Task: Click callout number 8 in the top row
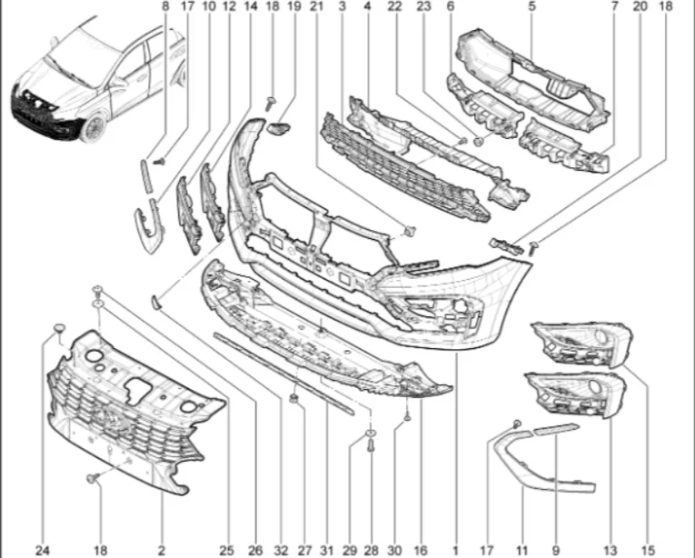[x=165, y=6]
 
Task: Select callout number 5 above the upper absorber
[x=531, y=6]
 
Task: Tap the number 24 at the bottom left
[x=43, y=550]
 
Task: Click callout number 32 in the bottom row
[x=283, y=550]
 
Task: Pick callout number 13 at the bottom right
[x=610, y=550]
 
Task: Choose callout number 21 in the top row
[x=316, y=6]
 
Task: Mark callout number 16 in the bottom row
[x=421, y=550]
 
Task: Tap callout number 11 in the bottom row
[x=522, y=550]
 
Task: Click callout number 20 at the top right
[x=640, y=6]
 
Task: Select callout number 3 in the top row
[x=342, y=6]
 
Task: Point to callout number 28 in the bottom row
[x=371, y=550]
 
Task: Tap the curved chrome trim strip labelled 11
[x=536, y=468]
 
